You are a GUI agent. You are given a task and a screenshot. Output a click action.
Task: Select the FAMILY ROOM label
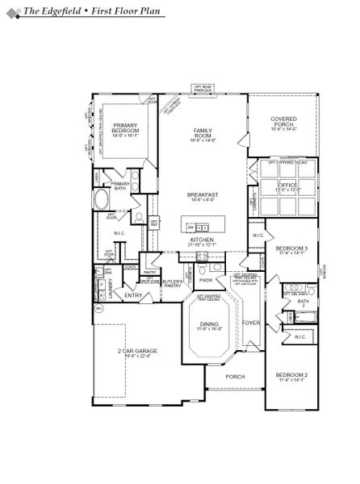pos(203,134)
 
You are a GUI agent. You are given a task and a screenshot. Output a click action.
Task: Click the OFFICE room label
pos(287,185)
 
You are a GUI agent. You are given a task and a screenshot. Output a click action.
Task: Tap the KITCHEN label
pos(201,240)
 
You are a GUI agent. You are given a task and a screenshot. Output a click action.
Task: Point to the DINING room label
pos(208,324)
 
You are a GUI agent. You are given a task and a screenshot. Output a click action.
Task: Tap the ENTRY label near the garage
pos(134,296)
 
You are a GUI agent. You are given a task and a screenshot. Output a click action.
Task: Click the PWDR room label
pos(206,280)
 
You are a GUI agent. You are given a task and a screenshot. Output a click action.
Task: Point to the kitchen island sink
pos(203,226)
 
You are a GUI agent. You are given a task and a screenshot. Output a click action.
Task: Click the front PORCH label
pos(235,377)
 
